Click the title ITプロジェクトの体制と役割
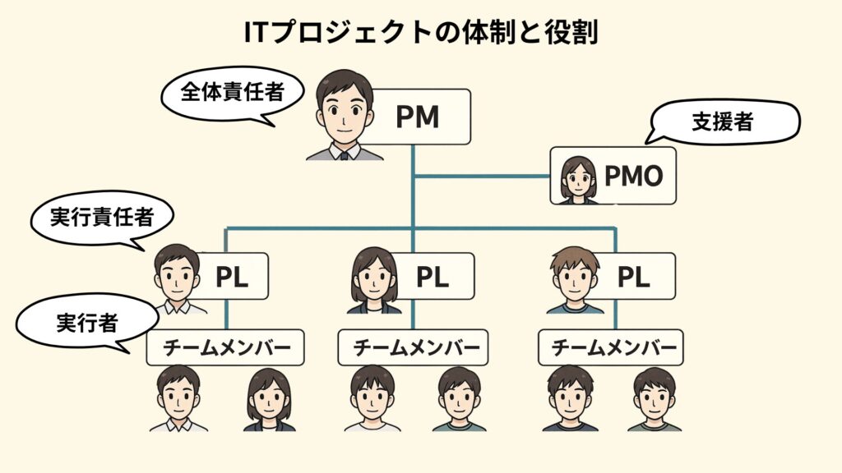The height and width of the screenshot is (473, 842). tap(420, 32)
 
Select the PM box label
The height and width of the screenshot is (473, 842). tap(417, 117)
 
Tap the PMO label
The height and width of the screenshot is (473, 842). tap(633, 176)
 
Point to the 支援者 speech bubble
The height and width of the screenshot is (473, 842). tap(723, 123)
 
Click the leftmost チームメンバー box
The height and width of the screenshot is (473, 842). tap(225, 348)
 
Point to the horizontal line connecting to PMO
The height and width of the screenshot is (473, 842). tap(483, 176)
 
